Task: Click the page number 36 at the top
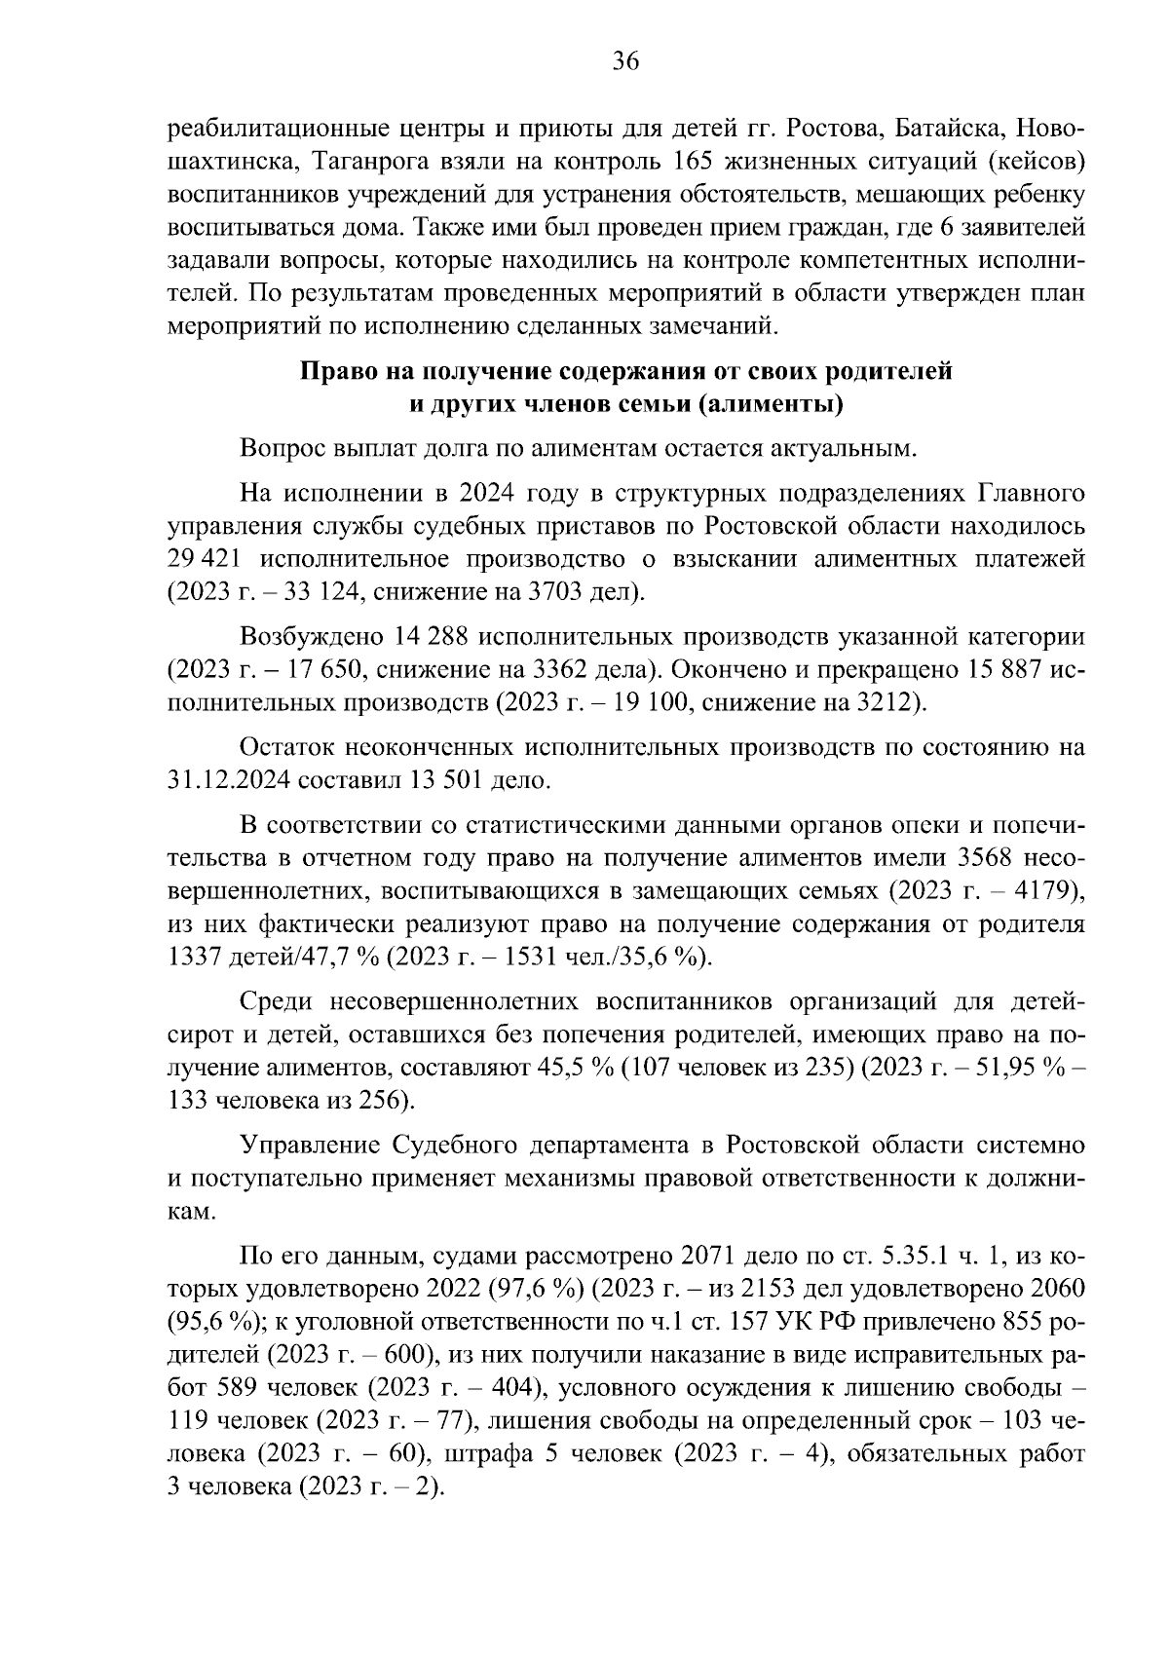point(625,62)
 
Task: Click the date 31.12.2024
point(231,780)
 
